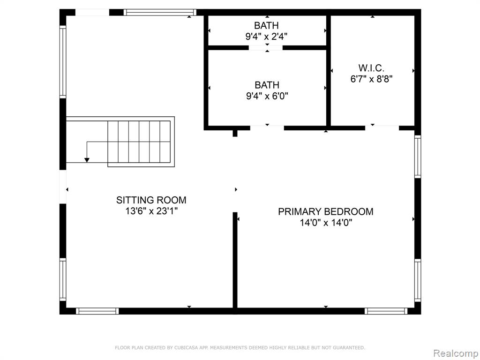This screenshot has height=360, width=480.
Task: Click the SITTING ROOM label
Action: (151, 200)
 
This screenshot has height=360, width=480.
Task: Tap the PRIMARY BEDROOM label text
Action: (326, 211)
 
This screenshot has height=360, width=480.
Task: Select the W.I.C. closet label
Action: (371, 67)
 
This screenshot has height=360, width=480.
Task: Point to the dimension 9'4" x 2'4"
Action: (266, 37)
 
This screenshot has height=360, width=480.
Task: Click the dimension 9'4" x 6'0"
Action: (267, 96)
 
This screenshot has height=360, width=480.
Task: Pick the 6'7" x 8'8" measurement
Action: (371, 79)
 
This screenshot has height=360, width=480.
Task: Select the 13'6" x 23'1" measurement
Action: (151, 211)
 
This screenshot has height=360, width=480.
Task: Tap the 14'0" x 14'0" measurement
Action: (326, 223)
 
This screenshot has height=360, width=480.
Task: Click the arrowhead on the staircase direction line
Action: (87, 160)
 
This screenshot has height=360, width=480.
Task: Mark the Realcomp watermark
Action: (456, 353)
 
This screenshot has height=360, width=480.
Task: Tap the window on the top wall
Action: (160, 12)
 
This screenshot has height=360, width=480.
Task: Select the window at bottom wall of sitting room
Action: (97, 311)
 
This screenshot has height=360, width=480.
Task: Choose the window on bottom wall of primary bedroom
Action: (386, 311)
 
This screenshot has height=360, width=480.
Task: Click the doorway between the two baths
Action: (265, 48)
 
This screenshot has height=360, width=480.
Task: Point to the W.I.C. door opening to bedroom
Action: (382, 128)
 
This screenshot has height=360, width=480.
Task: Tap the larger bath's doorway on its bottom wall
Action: (267, 128)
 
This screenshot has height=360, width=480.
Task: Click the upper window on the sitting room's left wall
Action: (63, 62)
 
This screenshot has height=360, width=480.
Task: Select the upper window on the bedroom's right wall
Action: (418, 157)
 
